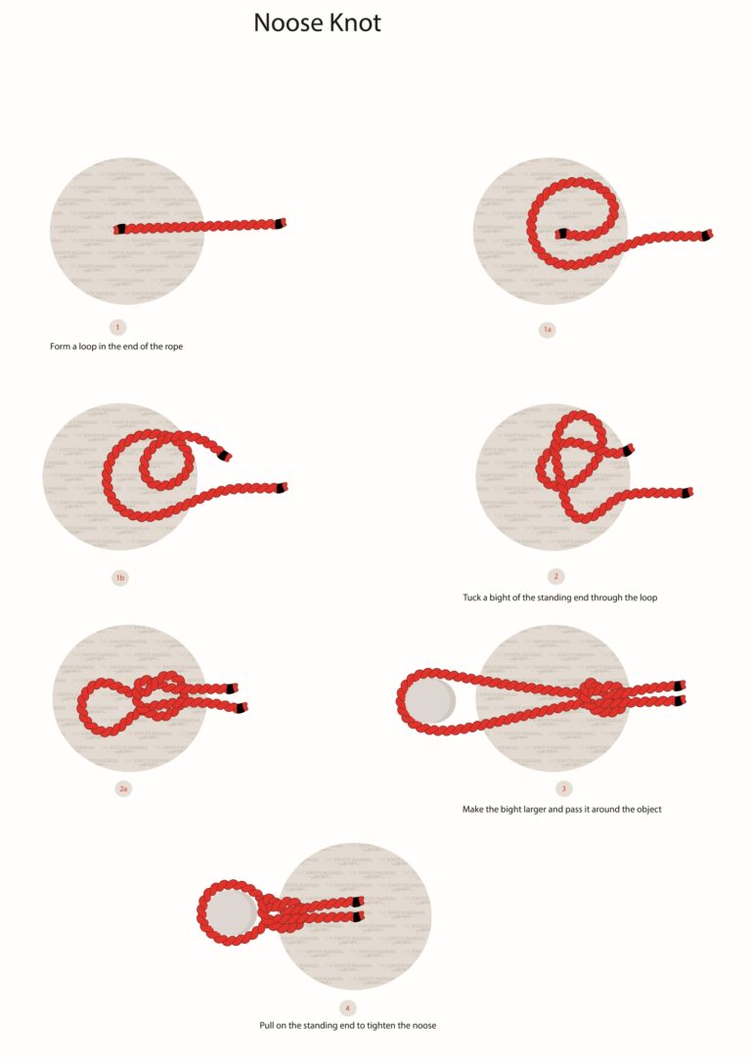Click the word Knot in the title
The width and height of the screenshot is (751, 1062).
pyautogui.click(x=354, y=22)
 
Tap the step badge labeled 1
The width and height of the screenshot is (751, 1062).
pyautogui.click(x=118, y=327)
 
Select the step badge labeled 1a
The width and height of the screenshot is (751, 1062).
pyautogui.click(x=548, y=330)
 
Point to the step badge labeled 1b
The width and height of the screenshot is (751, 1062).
pyautogui.click(x=119, y=578)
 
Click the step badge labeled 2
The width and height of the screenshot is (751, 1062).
pyautogui.click(x=555, y=577)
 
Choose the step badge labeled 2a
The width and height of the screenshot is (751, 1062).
pyautogui.click(x=123, y=788)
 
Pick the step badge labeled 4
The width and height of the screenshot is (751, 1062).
pyautogui.click(x=347, y=1007)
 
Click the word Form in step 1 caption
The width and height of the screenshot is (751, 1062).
pyautogui.click(x=61, y=346)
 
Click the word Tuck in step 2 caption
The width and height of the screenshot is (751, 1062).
pyautogui.click(x=472, y=597)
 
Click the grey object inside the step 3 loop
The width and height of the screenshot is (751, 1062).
pyautogui.click(x=431, y=702)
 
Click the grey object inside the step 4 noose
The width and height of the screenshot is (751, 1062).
pyautogui.click(x=231, y=913)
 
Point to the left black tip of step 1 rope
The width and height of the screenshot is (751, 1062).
pyautogui.click(x=119, y=230)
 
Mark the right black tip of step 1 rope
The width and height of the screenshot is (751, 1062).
pyautogui.click(x=282, y=223)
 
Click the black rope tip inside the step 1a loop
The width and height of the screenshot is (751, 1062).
pyautogui.click(x=562, y=234)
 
